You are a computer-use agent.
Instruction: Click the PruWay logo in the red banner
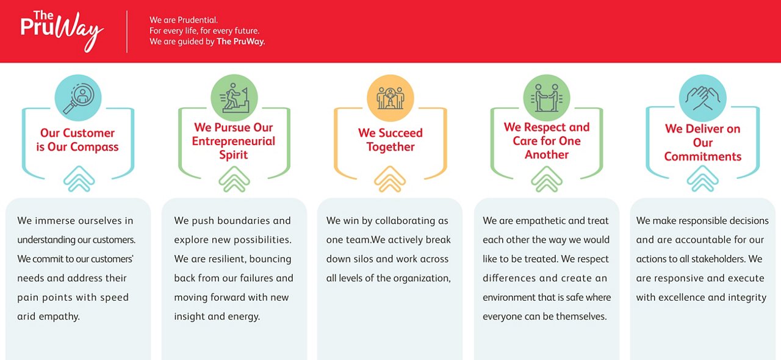pos(62,31)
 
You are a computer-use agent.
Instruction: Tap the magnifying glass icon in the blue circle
pos(78,98)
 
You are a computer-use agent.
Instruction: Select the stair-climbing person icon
pos(234,98)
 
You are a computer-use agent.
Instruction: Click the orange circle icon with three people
pos(390,98)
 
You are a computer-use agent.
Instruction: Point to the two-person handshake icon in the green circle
pos(547,98)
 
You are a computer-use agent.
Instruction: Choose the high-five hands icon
pos(702,98)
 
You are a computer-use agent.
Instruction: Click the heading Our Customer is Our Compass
pos(77,140)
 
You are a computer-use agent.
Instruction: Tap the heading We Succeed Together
pos(390,140)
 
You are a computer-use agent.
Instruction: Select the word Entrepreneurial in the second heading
pos(233,141)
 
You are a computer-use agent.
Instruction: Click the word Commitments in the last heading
pos(702,156)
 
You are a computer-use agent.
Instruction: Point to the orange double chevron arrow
pos(390,179)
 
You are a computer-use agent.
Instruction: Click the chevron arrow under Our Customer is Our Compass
pos(79,179)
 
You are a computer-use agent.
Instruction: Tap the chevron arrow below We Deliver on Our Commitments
pos(702,179)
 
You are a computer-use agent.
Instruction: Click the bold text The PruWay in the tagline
pos(241,41)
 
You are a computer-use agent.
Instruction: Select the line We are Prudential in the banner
pos(184,20)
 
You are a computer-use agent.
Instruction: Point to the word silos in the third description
pos(364,259)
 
